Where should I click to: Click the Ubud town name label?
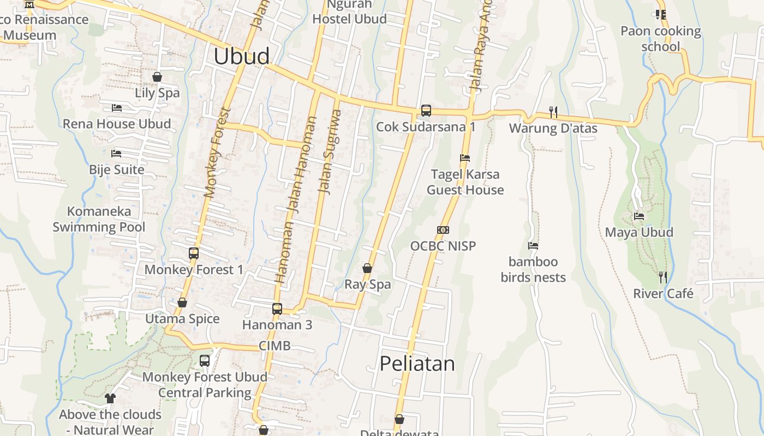242,57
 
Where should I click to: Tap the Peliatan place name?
417,364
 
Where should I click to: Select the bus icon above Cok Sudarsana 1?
426,111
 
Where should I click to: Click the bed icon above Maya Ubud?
639,216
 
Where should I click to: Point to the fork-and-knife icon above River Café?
662,277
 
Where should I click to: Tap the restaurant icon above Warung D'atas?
553,112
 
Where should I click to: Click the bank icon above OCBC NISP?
443,230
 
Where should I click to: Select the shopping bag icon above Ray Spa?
367,268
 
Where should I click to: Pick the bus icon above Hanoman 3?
277,309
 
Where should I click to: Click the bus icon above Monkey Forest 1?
194,253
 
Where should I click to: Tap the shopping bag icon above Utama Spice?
182,302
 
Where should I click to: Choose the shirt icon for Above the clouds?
110,398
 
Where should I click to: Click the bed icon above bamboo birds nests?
533,246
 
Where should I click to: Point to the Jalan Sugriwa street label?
329,152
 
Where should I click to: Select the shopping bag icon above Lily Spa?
157,77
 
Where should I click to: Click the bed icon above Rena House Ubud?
116,108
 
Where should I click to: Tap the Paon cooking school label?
660,39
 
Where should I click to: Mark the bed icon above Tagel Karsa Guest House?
465,158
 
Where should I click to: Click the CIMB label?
274,346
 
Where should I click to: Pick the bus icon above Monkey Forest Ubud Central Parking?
205,361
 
